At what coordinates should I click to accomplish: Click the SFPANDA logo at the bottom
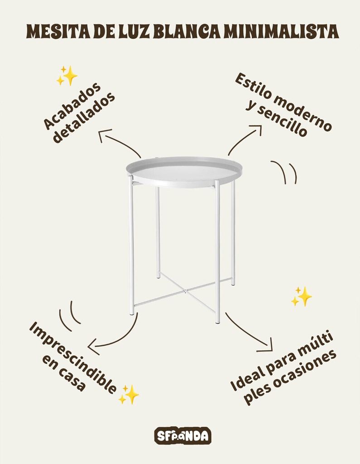point(183,435)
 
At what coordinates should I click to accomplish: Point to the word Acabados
point(72,106)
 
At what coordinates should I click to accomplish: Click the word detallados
point(84,118)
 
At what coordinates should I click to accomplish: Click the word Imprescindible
point(73,358)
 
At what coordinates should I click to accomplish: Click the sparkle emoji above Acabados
point(67,76)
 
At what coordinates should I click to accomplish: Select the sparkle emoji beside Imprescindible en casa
point(129,395)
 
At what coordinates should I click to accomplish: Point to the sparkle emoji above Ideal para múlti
point(302,296)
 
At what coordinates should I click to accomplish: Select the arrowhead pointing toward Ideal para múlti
point(269,347)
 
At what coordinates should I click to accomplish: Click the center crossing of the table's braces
point(185,290)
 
